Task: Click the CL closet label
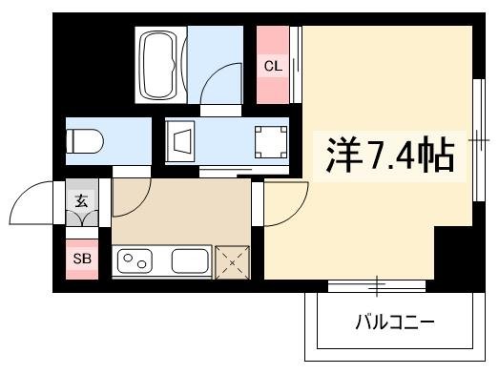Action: coord(273,66)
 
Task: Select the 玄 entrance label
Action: coord(80,201)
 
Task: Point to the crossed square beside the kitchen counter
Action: coord(233,260)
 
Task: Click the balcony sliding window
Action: coord(378,284)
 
